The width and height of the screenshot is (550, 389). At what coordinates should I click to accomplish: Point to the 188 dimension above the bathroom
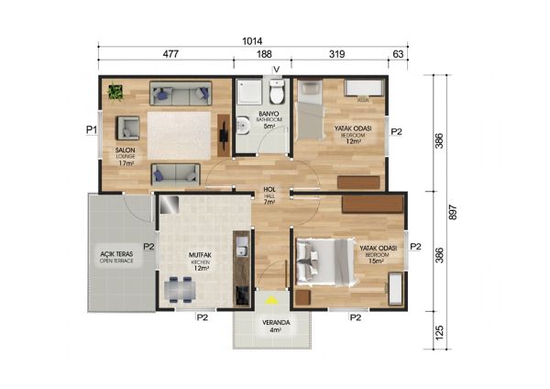[264, 55]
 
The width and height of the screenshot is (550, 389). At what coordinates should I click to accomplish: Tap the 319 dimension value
[336, 55]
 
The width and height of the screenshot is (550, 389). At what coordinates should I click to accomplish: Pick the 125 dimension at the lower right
[439, 328]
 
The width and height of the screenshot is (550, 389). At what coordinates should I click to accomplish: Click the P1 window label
[92, 130]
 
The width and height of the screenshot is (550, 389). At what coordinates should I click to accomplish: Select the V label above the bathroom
[276, 70]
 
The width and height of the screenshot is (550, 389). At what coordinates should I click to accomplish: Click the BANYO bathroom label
[269, 115]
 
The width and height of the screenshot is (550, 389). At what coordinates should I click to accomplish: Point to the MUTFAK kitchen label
[202, 257]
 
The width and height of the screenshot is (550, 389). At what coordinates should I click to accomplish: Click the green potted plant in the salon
[115, 91]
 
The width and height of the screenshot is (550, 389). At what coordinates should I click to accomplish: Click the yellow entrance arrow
[270, 298]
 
